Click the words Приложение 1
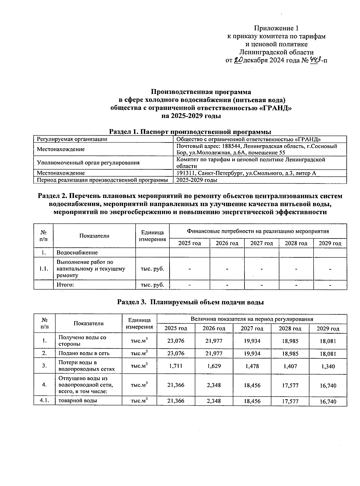pos(276,28)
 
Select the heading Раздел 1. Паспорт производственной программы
pos(190,131)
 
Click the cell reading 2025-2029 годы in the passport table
pos(196,180)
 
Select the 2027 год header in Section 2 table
pos(261,243)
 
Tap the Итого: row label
pos(65,285)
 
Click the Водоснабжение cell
pos(77,253)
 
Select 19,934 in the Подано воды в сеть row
pos(252,353)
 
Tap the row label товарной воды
pos(78,400)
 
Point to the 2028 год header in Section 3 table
pos(290,328)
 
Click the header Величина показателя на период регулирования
pos(252,319)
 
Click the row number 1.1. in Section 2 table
pos(43,269)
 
